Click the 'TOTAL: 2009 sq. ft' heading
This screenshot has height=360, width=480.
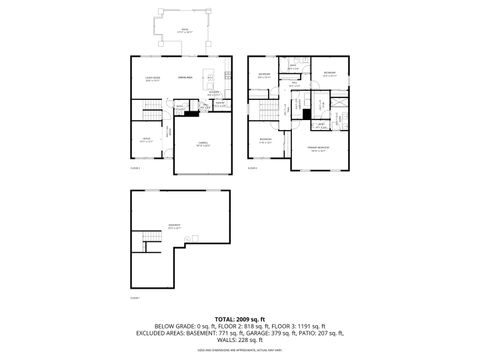tap(239, 318)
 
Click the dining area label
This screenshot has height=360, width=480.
tap(184, 77)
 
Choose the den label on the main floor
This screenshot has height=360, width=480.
tap(147, 140)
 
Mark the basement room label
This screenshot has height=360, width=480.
tap(176, 227)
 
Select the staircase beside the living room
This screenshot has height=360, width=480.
tap(147, 108)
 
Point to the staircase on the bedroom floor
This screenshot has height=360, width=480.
tap(265, 108)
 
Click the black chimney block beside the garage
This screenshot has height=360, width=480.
tap(191, 112)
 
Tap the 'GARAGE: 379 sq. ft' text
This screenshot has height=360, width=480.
tap(281, 334)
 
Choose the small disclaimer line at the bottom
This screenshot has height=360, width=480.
tap(239, 351)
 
